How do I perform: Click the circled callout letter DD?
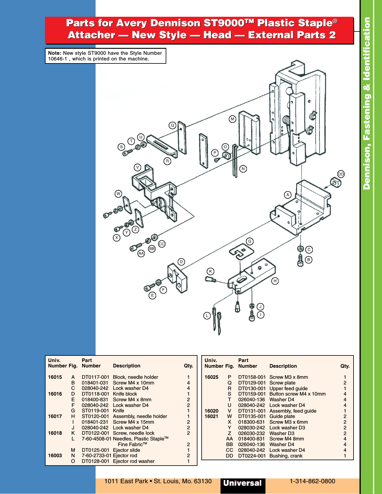tap(341, 174)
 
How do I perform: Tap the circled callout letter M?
tap(232, 119)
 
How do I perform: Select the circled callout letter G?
tap(250, 241)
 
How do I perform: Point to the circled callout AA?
tap(141, 253)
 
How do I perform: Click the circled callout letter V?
tap(138, 167)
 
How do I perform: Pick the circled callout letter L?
tap(207, 316)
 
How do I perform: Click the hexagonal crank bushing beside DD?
tap(335, 182)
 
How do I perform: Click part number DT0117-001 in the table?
tap(95, 377)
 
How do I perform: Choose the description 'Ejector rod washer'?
tap(134, 461)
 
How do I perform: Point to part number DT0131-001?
tap(252, 411)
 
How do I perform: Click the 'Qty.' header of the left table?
tap(188, 366)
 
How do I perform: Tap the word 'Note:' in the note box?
tap(55, 53)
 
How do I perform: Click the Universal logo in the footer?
tap(243, 483)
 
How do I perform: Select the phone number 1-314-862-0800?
tap(312, 481)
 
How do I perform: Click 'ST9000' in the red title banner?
tap(224, 23)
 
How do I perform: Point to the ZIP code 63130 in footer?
tap(203, 481)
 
